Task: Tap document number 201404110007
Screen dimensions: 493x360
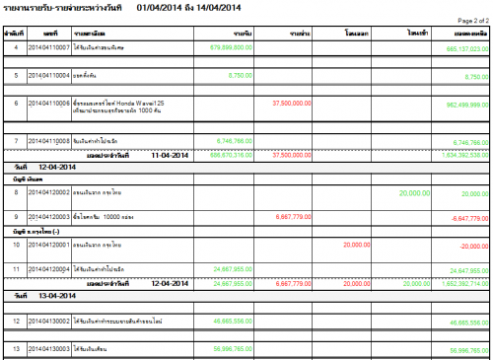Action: click(x=48, y=46)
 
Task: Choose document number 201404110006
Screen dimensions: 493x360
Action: click(x=48, y=102)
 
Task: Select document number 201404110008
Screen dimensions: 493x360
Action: click(x=48, y=140)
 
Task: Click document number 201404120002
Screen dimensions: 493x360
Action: click(x=48, y=193)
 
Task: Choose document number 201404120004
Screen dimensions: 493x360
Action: click(x=48, y=268)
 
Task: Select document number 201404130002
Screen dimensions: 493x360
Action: click(x=48, y=322)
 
